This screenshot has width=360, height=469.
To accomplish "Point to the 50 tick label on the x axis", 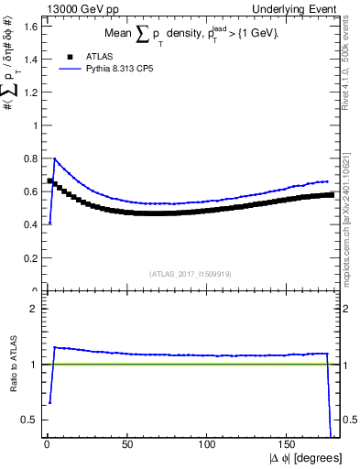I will point(127,444).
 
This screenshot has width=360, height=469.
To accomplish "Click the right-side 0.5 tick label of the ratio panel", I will point(347,420).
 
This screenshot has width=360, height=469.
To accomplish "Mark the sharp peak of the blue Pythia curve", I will point(55,158).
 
